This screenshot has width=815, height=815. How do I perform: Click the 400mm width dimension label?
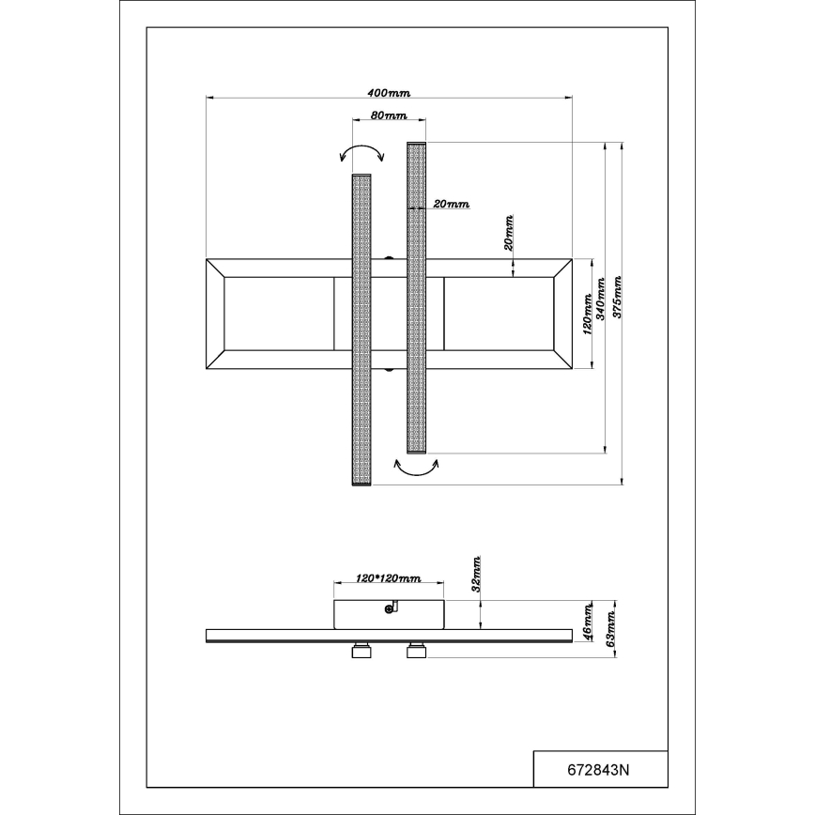coord(389,93)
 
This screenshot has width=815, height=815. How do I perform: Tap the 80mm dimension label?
coord(389,115)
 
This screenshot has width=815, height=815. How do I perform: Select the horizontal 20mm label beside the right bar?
coord(451,204)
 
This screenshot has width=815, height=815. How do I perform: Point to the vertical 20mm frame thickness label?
coord(509,232)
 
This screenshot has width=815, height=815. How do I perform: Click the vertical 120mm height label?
coord(588,314)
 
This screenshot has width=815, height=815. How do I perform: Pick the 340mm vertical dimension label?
coord(601,299)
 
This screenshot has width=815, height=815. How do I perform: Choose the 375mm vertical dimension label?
coord(618,297)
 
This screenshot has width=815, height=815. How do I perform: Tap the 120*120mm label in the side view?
coord(389,578)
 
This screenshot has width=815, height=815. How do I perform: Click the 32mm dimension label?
coord(476,574)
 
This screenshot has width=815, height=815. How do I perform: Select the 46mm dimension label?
coord(588,622)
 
